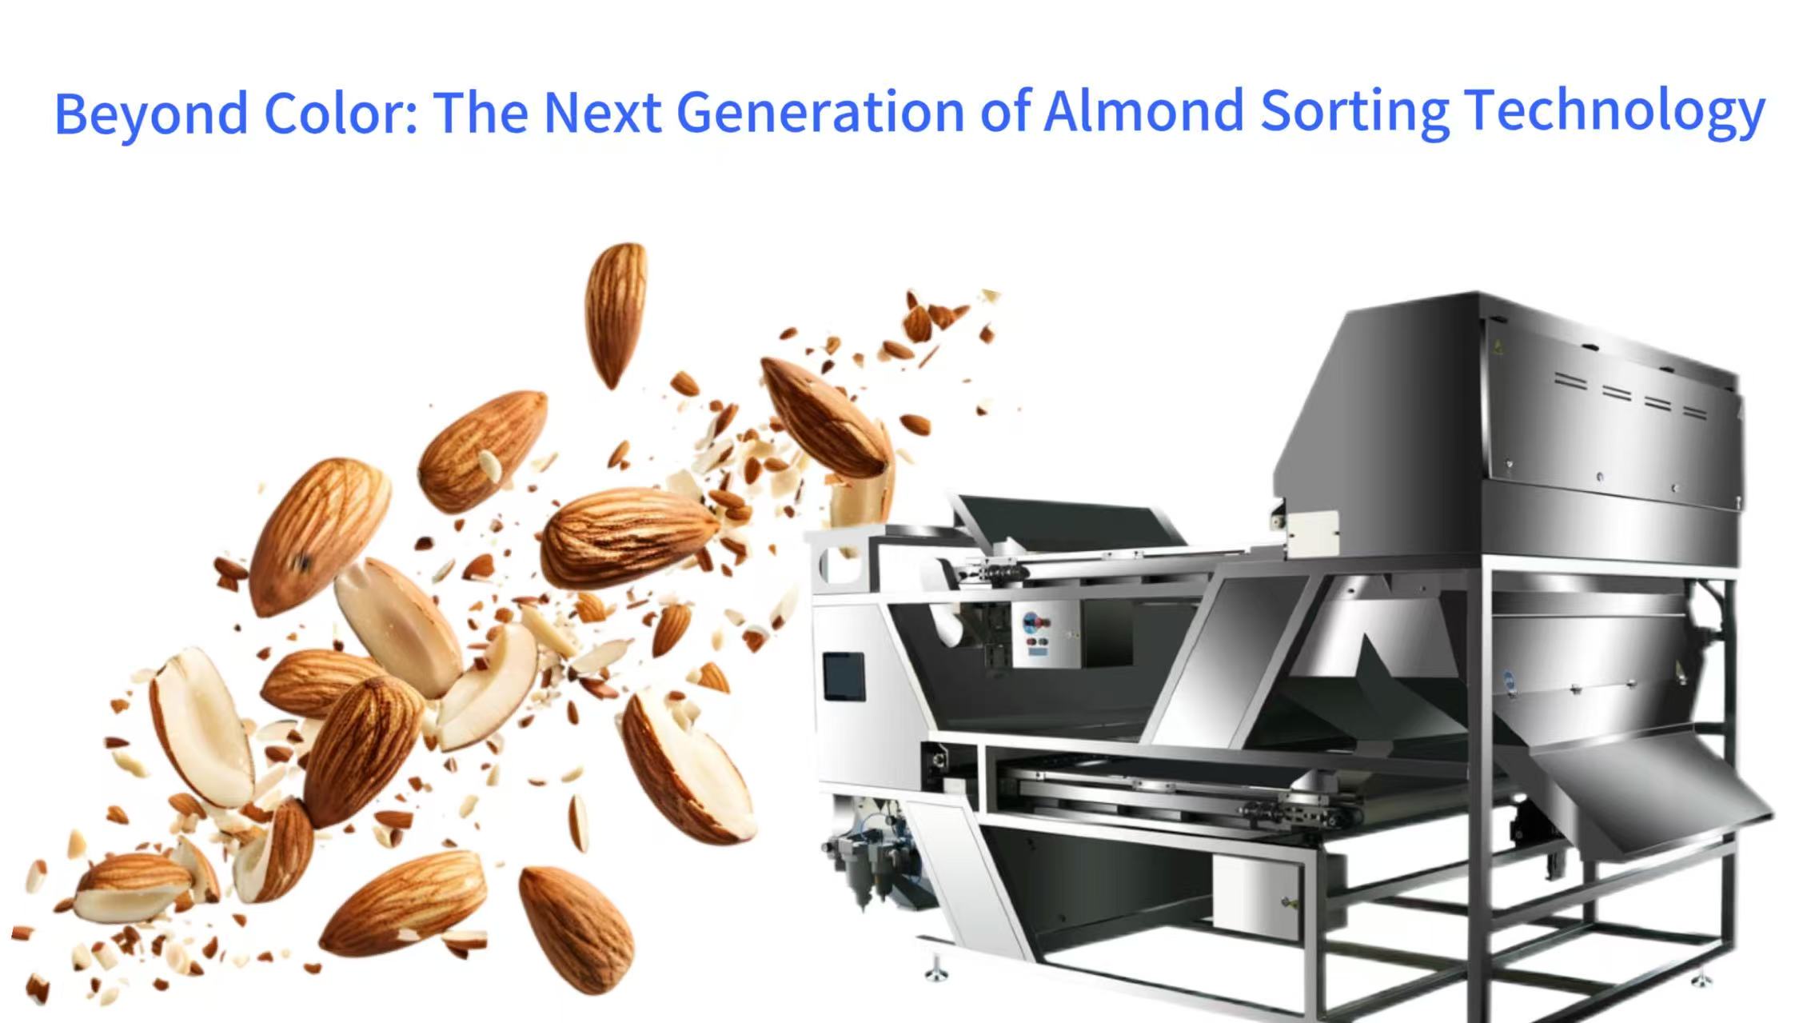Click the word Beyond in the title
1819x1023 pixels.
(x=150, y=113)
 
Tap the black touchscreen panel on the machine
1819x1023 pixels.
(x=844, y=676)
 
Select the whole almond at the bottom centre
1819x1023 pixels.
(x=576, y=928)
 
